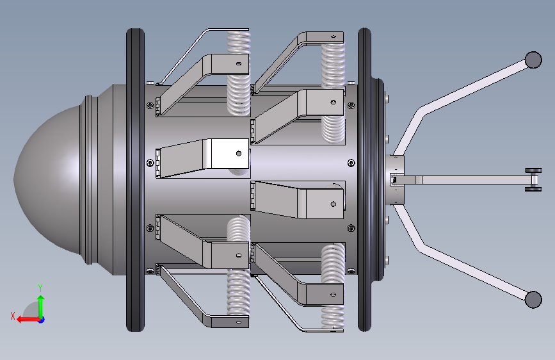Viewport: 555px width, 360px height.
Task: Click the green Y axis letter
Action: coord(40,288)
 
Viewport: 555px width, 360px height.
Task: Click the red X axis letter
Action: coord(13,316)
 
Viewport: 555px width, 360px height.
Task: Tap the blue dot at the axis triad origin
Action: coord(42,320)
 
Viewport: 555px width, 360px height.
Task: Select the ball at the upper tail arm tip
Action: coord(533,60)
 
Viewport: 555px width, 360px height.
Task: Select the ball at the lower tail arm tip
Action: coord(533,299)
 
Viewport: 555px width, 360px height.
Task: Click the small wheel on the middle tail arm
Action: coord(533,179)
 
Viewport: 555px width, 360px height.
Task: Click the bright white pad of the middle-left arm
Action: coord(230,154)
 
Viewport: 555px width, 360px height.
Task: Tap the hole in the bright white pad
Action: coord(239,154)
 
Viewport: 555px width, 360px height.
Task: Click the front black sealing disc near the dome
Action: coord(135,180)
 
